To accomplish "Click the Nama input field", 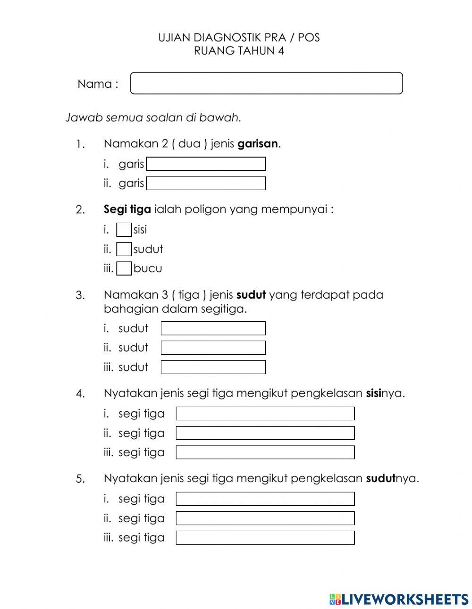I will (x=266, y=83).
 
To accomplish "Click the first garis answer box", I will (x=206, y=164).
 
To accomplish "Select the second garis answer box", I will (x=206, y=184).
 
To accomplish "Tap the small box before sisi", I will (x=124, y=230).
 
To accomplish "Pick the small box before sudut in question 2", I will (x=124, y=249).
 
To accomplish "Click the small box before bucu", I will (x=124, y=268).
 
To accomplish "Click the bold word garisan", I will (x=258, y=144).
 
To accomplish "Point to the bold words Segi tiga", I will (x=127, y=209).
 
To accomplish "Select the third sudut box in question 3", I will (x=213, y=367).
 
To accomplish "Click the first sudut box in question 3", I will (x=213, y=328).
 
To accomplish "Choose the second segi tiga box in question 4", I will (x=265, y=433).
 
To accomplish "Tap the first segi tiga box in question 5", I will (x=265, y=499).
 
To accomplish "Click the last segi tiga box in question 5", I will (x=265, y=538).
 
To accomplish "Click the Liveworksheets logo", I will (x=399, y=599).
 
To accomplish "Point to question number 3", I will (x=80, y=296).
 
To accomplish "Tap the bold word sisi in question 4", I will (x=373, y=393).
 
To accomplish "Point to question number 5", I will (x=80, y=479).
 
